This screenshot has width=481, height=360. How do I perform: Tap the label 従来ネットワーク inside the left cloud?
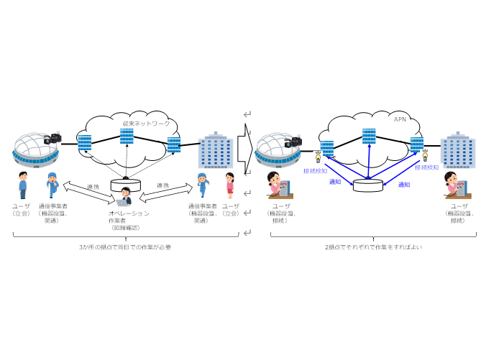click(146, 124)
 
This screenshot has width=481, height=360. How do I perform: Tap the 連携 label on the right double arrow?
click(163, 185)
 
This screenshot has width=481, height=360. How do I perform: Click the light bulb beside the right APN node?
click(425, 154)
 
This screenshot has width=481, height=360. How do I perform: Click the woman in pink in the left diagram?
click(230, 185)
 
